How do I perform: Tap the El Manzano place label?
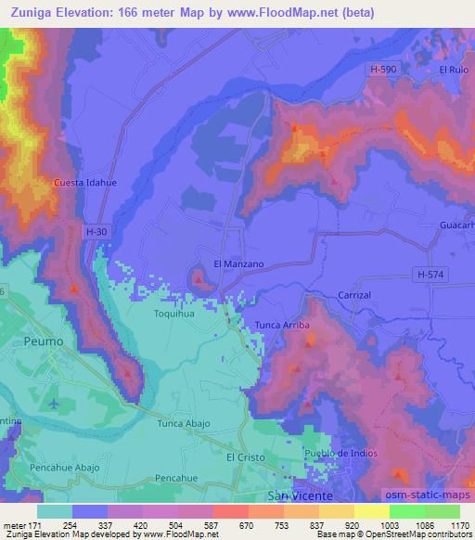point(239,264)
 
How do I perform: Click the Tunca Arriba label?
point(282,326)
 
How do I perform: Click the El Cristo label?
point(246,457)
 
